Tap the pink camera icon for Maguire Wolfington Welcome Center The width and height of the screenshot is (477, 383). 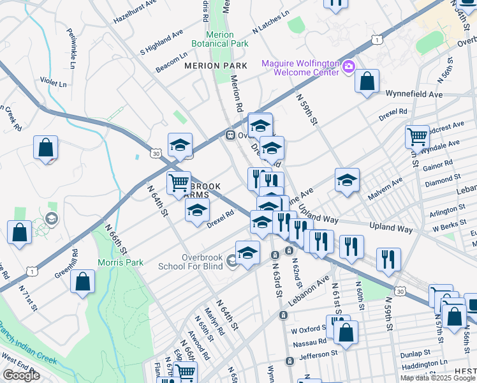pyautogui.click(x=349, y=67)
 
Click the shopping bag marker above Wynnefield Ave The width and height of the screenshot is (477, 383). pyautogui.click(x=367, y=82)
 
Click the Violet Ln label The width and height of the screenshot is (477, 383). pyautogui.click(x=53, y=83)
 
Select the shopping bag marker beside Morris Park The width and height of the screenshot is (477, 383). pyautogui.click(x=82, y=282)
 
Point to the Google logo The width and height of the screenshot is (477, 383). pyautogui.click(x=21, y=375)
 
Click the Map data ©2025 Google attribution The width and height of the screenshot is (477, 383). pyautogui.click(x=437, y=378)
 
